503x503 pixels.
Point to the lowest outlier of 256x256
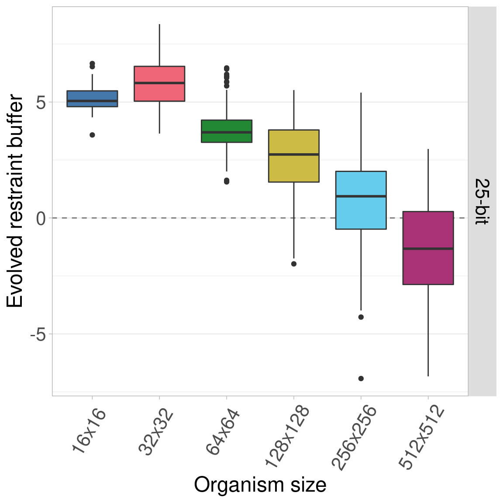(361, 379)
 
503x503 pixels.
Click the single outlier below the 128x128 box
(294, 264)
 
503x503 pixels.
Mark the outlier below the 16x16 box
(92, 135)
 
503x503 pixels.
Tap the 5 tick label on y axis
(41, 103)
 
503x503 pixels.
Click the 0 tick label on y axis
(41, 218)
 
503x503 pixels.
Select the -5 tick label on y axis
(38, 334)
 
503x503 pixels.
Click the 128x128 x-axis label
(287, 437)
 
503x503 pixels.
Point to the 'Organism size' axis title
(260, 485)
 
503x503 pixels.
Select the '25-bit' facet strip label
(482, 201)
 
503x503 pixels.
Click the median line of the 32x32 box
(159, 83)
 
